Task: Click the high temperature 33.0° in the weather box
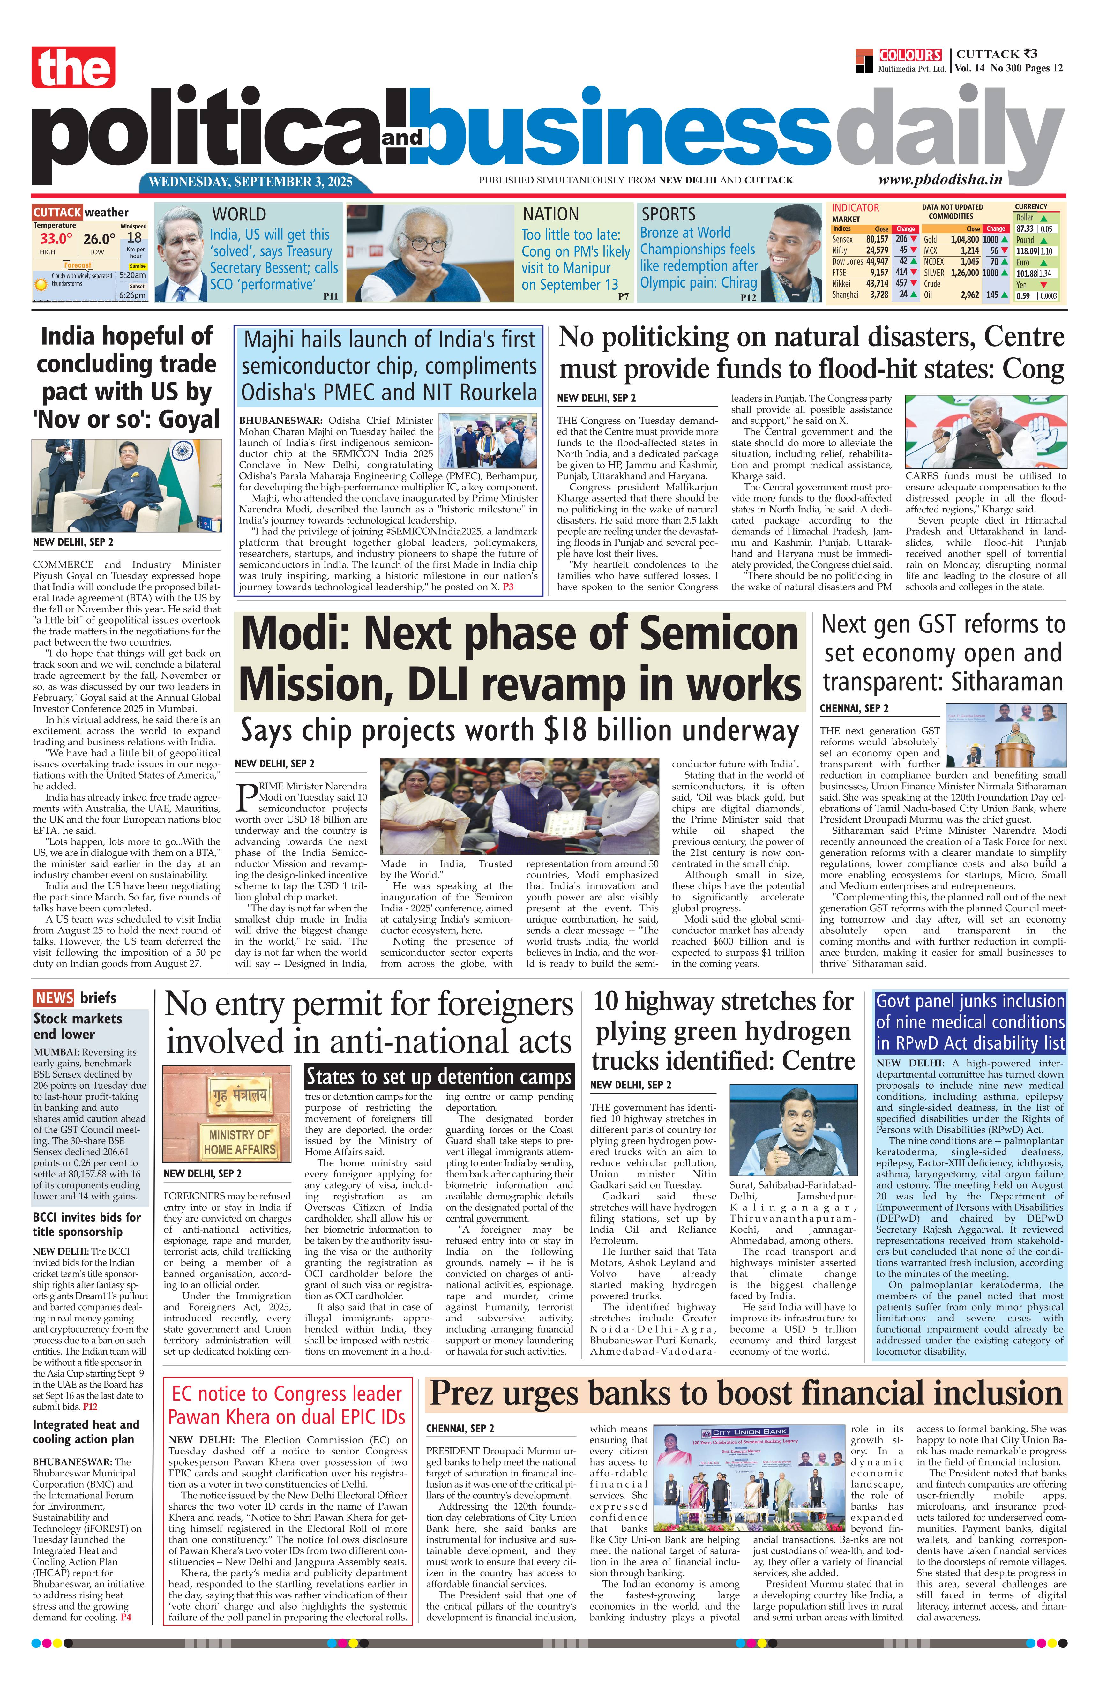coord(56,239)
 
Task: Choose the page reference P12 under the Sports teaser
coord(748,298)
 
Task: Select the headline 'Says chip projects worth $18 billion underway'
coord(520,730)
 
